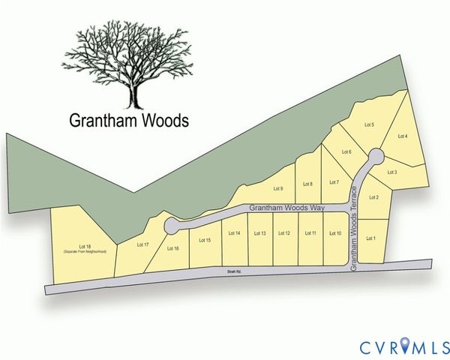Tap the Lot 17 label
[x=143, y=244]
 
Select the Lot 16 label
[x=172, y=248]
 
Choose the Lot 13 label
[x=259, y=234]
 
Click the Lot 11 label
[x=310, y=234]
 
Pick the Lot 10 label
[x=335, y=234]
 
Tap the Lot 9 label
[x=277, y=188]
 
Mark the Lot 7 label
[x=334, y=182]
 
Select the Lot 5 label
[x=369, y=124]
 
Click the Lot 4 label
[x=402, y=136]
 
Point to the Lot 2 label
[x=373, y=197]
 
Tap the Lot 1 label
[x=370, y=238]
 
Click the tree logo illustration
[x=132, y=65]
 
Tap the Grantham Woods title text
[x=129, y=120]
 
